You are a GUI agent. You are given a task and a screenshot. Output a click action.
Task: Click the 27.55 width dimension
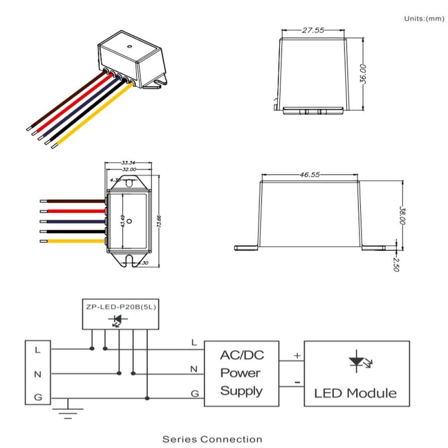[x=313, y=31]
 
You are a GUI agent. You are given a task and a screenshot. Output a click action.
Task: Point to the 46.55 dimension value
[x=309, y=175]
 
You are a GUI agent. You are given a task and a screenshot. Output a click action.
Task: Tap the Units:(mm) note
[x=424, y=19]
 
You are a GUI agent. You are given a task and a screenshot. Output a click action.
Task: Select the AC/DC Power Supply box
[x=241, y=373]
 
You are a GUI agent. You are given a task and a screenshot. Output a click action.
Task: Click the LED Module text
[x=356, y=393]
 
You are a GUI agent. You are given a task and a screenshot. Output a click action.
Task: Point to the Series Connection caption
[x=212, y=439]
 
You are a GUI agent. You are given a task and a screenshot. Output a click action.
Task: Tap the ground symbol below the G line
[x=68, y=412]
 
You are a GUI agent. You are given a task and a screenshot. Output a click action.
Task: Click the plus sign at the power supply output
[x=297, y=356]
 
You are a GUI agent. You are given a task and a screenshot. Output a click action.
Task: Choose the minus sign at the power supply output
[x=297, y=383]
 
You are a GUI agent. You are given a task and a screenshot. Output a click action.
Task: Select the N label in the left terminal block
[x=38, y=374]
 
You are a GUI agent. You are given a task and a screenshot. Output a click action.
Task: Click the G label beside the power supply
[x=194, y=394]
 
